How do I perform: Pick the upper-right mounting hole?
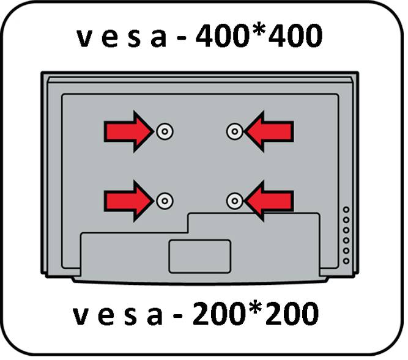[x=234, y=131]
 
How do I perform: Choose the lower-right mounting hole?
[x=234, y=200]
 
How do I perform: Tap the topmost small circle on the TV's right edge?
[x=346, y=210]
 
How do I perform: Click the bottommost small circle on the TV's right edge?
[x=346, y=261]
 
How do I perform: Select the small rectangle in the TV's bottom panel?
[x=200, y=255]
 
